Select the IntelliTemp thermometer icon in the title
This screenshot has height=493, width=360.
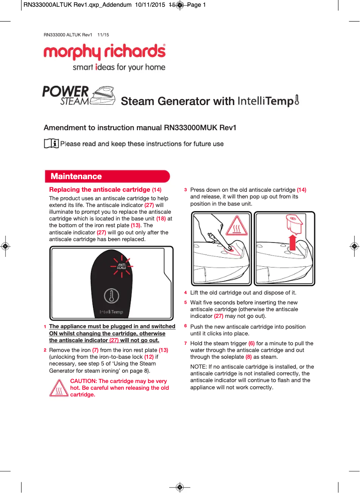click(x=297, y=100)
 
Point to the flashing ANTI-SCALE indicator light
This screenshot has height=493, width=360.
click(x=121, y=267)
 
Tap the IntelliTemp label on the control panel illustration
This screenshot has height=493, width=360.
click(x=111, y=312)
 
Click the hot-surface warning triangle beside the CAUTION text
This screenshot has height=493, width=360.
click(x=59, y=388)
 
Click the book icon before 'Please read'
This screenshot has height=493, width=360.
click(x=51, y=144)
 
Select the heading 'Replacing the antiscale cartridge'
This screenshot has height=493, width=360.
click(x=100, y=189)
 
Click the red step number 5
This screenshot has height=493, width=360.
click(x=186, y=303)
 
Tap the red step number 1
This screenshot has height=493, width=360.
click(x=45, y=327)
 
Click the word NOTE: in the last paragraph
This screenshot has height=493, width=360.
click(x=199, y=367)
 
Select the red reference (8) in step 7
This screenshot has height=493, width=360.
click(x=248, y=357)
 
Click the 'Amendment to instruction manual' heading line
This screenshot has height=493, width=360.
click(x=140, y=128)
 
